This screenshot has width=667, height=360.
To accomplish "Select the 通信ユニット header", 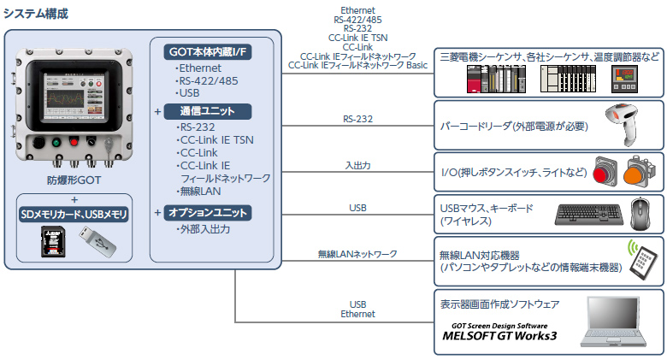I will pyautogui.click(x=208, y=111).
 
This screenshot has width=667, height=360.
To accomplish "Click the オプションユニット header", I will pyautogui.click(x=208, y=212).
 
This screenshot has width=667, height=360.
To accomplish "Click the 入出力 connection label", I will pyautogui.click(x=357, y=165).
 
